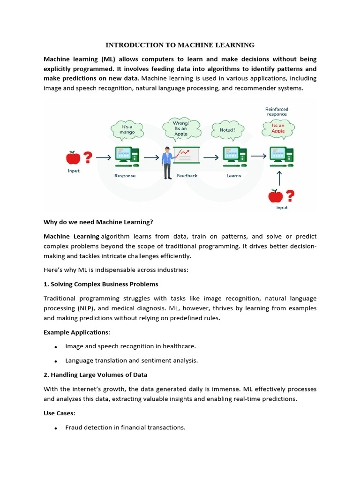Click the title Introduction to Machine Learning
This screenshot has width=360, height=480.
point(180,45)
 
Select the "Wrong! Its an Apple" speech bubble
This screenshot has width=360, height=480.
point(180,127)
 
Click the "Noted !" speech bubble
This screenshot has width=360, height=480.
point(227,129)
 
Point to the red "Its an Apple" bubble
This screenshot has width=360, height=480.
point(278,128)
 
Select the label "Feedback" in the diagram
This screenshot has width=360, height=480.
point(187,176)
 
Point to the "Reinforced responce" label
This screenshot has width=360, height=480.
point(277,112)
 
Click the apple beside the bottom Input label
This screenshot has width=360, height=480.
point(275,195)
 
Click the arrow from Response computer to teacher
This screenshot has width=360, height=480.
point(151,158)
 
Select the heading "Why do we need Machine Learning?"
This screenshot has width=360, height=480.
point(98,222)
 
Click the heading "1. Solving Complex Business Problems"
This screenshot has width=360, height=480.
point(101,284)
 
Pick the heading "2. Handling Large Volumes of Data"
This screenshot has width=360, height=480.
point(95,375)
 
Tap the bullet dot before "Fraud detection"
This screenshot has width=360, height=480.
point(56,428)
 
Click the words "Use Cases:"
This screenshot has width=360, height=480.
point(59,413)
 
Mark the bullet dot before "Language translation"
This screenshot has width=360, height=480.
point(56,361)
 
